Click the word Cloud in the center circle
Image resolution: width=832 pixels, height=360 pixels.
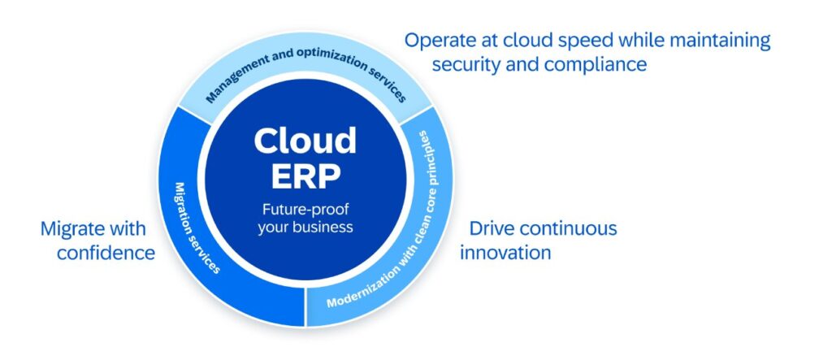point(305,141)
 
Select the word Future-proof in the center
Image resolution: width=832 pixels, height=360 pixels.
point(305,210)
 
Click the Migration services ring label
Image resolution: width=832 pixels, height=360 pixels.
point(197,228)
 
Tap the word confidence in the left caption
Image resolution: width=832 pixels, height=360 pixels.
point(106,253)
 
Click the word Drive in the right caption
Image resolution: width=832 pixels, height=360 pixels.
point(492,228)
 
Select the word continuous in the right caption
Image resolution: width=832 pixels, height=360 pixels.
point(568,228)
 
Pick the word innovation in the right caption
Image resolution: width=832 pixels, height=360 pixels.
point(505,252)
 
